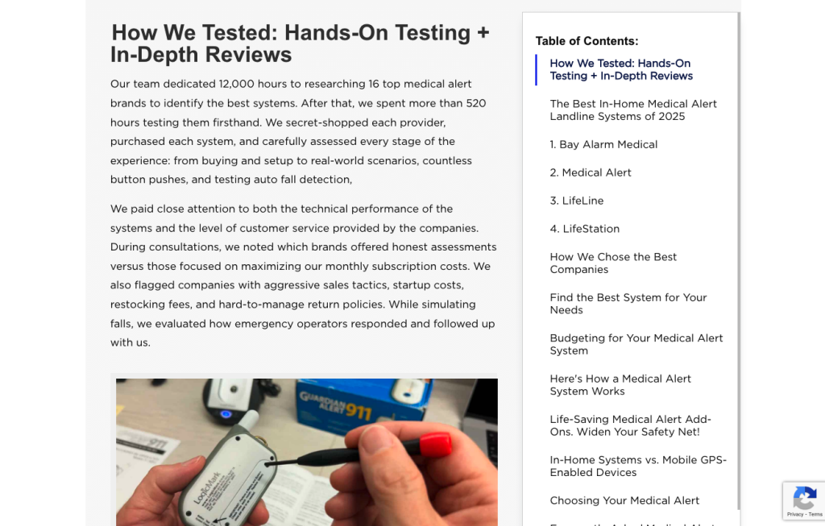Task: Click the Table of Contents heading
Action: (587, 41)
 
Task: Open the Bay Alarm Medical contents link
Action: (603, 144)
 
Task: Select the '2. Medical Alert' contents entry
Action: (591, 172)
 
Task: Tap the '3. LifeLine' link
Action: (577, 201)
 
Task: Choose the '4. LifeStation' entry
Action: (585, 229)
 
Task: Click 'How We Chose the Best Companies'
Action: (613, 263)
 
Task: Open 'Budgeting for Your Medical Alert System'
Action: (636, 344)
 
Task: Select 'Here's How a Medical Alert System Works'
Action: (620, 385)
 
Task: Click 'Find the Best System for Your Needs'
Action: (628, 304)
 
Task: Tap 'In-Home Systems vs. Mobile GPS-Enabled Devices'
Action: (638, 466)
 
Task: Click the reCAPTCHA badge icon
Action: (804, 497)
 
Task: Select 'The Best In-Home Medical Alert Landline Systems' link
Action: (632, 110)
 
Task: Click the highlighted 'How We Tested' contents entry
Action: (620, 69)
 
